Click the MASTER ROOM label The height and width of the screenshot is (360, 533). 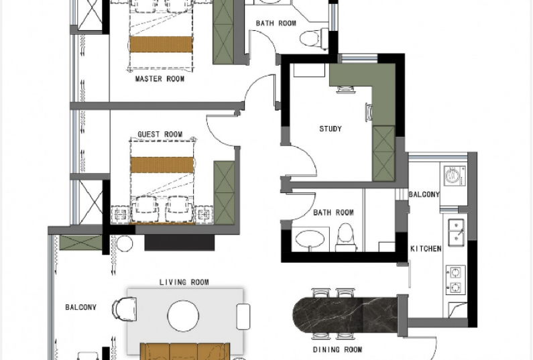click(160, 79)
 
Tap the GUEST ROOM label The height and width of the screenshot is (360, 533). click(160, 134)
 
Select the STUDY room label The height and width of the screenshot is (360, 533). click(331, 129)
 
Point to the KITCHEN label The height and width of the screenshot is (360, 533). click(426, 249)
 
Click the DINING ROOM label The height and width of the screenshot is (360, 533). click(337, 349)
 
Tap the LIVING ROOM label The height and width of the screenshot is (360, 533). click(184, 282)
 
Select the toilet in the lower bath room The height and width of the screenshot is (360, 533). click(346, 237)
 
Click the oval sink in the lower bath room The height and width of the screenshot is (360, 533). click(310, 238)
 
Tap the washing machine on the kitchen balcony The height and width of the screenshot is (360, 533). click(455, 176)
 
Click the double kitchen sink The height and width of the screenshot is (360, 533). click(456, 233)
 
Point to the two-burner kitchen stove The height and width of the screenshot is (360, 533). click(455, 280)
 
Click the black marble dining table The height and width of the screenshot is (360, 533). click(345, 315)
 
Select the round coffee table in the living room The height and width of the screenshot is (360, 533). click(183, 316)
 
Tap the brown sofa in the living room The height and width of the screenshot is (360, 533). click(185, 351)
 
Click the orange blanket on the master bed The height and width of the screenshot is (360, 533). click(161, 44)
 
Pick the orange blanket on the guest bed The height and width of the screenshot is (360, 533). click(162, 164)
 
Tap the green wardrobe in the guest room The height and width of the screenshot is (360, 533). click(224, 193)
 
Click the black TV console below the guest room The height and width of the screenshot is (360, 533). click(180, 243)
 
